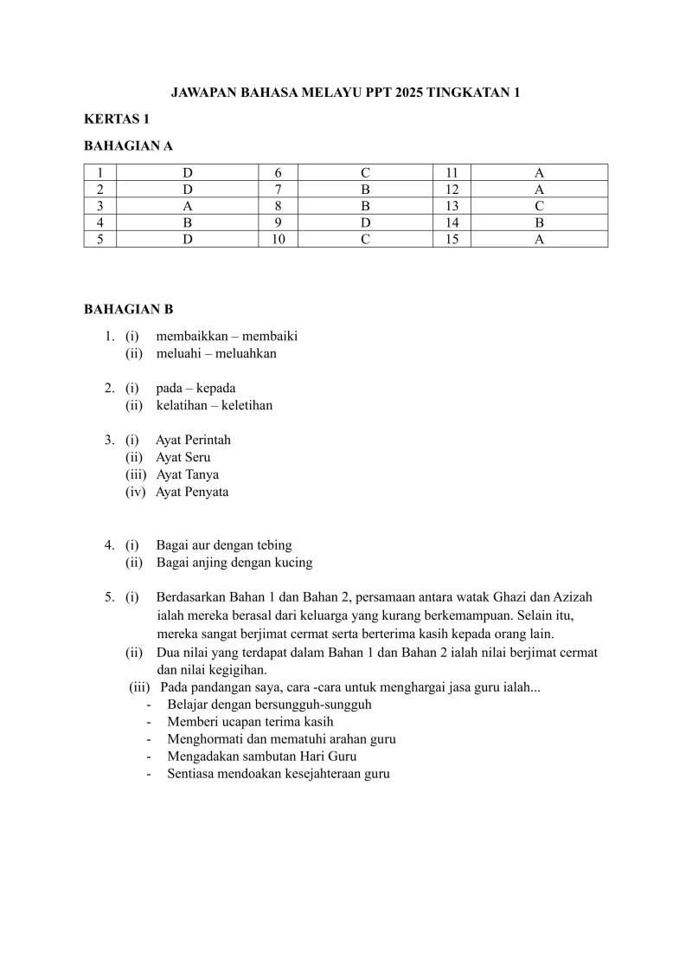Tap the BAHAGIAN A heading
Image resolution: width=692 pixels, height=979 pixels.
click(128, 146)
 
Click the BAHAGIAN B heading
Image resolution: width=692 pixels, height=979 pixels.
click(128, 309)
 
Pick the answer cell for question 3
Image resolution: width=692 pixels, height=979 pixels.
click(187, 206)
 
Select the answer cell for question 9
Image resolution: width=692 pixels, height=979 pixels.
click(365, 222)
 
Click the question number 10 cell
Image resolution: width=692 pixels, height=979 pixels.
click(279, 239)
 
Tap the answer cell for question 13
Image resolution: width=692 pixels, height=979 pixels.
click(539, 206)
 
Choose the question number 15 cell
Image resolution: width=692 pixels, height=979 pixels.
click(452, 239)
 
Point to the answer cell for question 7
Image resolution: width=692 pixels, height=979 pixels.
click(365, 190)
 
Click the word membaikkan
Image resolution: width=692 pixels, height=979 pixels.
click(191, 336)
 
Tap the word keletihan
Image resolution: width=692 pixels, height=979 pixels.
click(247, 405)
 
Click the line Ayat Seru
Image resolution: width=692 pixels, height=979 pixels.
click(183, 457)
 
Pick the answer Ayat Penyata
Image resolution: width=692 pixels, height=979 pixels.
click(192, 492)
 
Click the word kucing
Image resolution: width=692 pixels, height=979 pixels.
click(293, 563)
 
